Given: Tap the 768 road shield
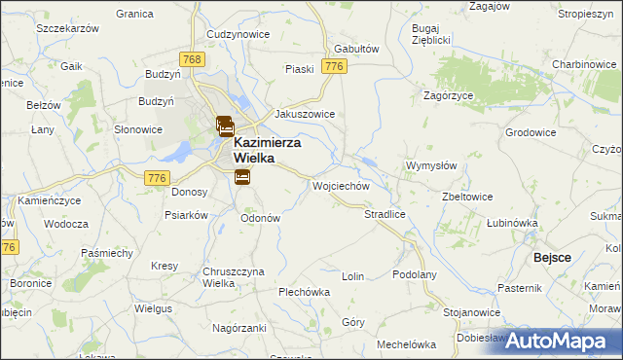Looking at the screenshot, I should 194,60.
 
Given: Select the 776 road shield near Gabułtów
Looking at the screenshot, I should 335,66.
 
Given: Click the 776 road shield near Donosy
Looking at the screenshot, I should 157,177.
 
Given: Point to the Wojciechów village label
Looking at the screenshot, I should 341,185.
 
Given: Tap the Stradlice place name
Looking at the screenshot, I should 384,213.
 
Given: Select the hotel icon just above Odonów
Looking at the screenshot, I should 241,176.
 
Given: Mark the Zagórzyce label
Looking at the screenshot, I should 449,96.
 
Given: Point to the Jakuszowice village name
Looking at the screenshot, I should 305,114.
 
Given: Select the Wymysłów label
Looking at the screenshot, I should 431,165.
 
